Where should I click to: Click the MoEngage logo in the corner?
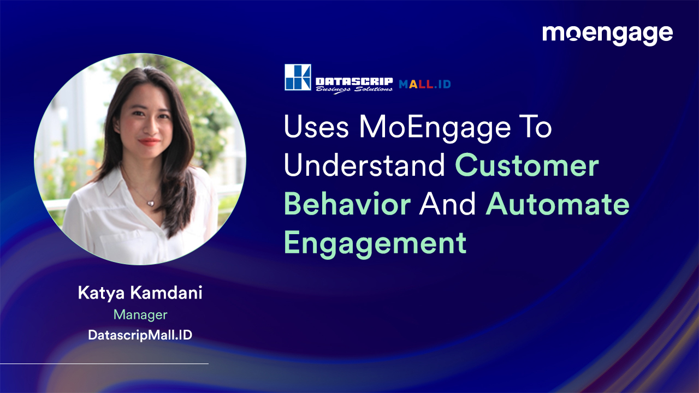point(607,34)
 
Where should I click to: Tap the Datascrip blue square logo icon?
point(298,77)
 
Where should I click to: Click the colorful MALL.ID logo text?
point(424,84)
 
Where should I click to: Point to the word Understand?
point(364,166)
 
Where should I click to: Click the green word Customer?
point(527,166)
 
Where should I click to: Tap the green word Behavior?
point(347,204)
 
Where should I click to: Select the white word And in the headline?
point(448,204)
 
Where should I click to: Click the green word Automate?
point(558,204)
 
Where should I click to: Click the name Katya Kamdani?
point(140,293)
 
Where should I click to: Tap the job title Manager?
point(140,315)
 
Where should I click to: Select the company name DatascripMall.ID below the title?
point(140,335)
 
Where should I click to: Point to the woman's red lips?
point(149,141)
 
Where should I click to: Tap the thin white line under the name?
point(104,364)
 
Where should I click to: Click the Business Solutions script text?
point(353,90)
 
